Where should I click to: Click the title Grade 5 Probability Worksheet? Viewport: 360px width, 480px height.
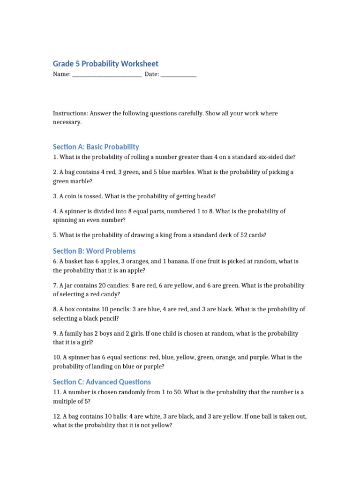point(105,64)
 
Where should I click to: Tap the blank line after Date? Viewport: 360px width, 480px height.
point(178,75)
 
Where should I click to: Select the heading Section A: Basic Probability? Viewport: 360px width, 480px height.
point(96,147)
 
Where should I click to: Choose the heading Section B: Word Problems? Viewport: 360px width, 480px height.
point(94,251)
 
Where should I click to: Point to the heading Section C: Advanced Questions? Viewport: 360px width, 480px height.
point(102,382)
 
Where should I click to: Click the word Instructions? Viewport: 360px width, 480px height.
point(70,113)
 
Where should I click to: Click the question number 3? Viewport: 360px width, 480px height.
point(55,196)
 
